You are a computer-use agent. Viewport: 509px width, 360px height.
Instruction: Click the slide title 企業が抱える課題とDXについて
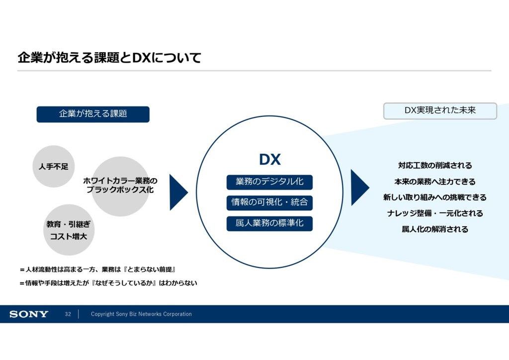tap(109, 58)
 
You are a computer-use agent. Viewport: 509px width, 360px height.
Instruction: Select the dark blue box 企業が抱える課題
tap(93, 114)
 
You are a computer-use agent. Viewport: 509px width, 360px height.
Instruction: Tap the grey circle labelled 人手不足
tap(54, 166)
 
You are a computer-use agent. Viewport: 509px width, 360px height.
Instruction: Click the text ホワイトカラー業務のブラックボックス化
tap(120, 185)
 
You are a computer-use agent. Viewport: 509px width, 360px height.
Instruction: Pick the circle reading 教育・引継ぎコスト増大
tap(69, 230)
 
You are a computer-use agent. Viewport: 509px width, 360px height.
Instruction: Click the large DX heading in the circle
tap(270, 160)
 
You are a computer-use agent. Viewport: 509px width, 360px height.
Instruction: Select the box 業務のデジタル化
tap(269, 182)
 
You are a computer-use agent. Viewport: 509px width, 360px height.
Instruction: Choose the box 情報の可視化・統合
tap(269, 202)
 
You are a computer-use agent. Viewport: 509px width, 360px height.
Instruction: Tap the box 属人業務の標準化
tap(269, 223)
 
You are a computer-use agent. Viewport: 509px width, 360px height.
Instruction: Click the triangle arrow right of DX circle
tap(360, 187)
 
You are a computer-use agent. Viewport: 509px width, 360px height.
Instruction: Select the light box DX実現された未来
tap(440, 111)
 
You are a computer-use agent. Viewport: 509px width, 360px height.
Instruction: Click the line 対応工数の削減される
tap(435, 165)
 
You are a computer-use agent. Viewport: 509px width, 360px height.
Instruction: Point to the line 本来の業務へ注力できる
tap(435, 181)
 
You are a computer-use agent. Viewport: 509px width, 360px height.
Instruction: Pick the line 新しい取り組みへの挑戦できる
tap(435, 197)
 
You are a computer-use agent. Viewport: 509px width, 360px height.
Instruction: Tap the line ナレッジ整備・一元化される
tap(435, 213)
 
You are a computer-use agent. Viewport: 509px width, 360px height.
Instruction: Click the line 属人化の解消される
tap(435, 229)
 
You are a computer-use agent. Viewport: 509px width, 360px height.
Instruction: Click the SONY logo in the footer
tap(29, 314)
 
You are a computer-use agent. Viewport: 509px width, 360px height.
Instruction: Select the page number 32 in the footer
tap(68, 314)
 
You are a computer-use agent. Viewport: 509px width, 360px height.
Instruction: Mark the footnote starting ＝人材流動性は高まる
tap(98, 270)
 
